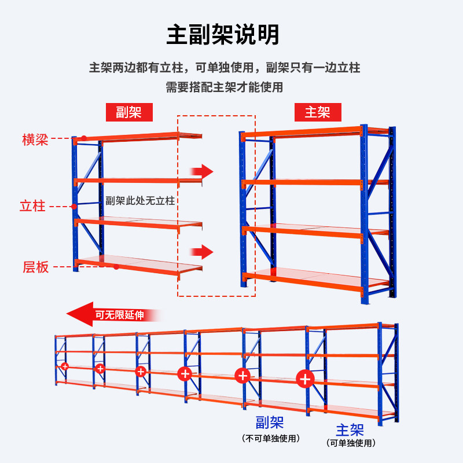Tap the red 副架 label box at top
(128, 112)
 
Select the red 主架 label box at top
(317, 112)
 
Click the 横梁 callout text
(35, 139)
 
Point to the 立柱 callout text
(32, 205)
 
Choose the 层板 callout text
(35, 267)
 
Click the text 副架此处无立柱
(140, 201)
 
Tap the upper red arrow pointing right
(201, 171)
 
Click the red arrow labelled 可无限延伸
(113, 314)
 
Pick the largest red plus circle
(305, 379)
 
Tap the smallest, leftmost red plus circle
(65, 366)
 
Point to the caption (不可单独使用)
(271, 438)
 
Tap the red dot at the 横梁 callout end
(83, 138)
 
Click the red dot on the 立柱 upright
(74, 206)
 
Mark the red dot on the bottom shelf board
(116, 267)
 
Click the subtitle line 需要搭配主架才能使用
(225, 87)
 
